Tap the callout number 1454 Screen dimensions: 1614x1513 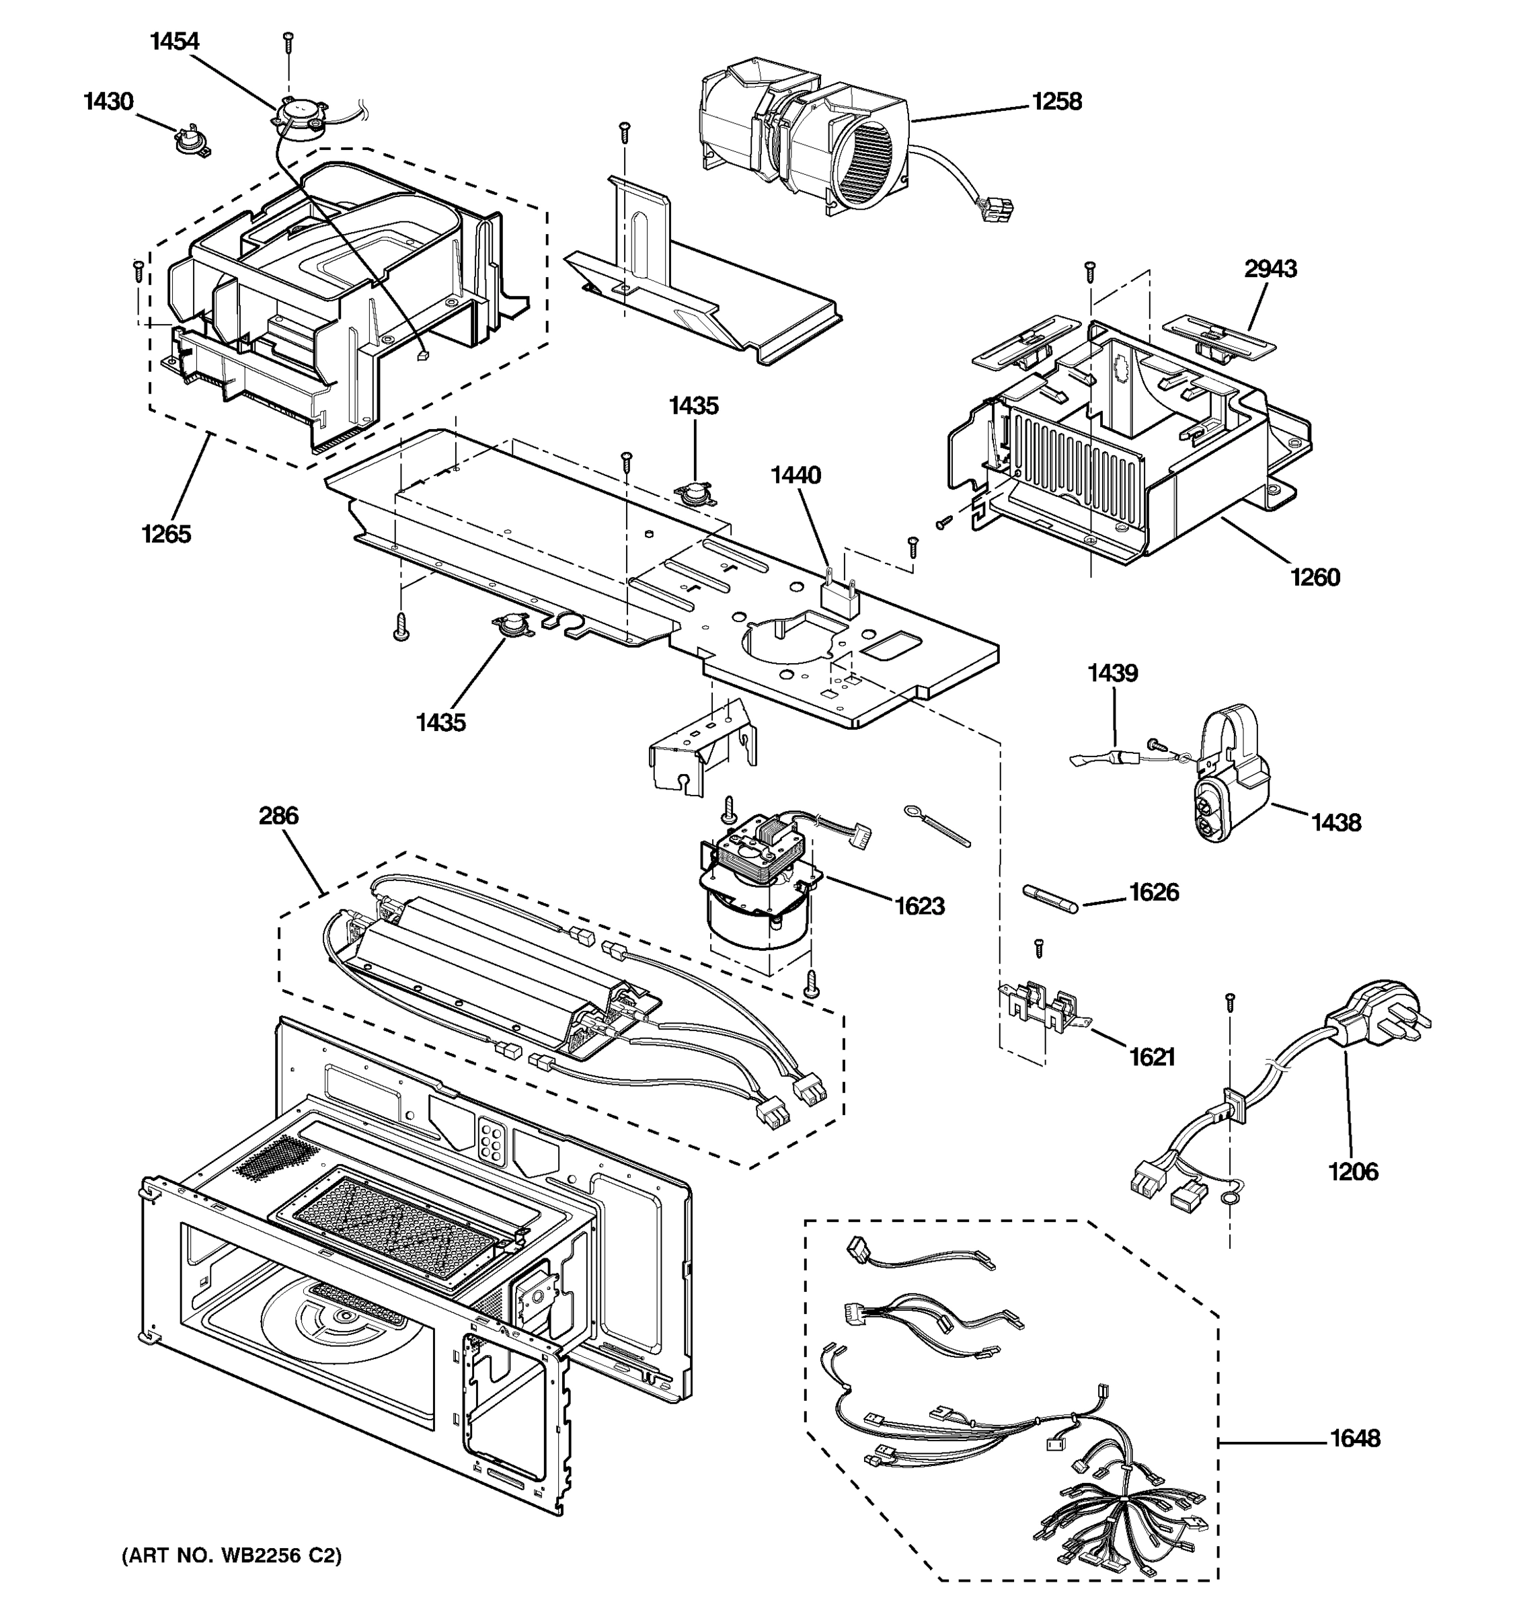(x=175, y=42)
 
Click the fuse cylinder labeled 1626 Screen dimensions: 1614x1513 (x=1050, y=900)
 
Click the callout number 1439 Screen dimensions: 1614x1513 (x=1113, y=673)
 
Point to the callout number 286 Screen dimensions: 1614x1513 (x=278, y=815)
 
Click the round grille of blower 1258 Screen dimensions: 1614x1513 (x=870, y=175)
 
